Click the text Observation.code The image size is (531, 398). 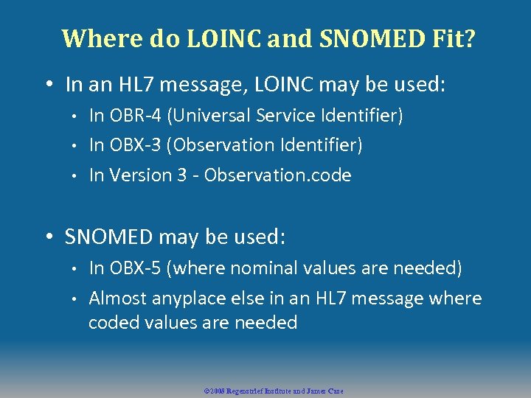coord(278,175)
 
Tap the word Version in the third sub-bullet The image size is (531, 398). coord(138,175)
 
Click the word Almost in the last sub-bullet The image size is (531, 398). coord(117,298)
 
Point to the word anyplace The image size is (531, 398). coord(187,299)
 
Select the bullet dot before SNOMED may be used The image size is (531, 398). coord(49,237)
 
